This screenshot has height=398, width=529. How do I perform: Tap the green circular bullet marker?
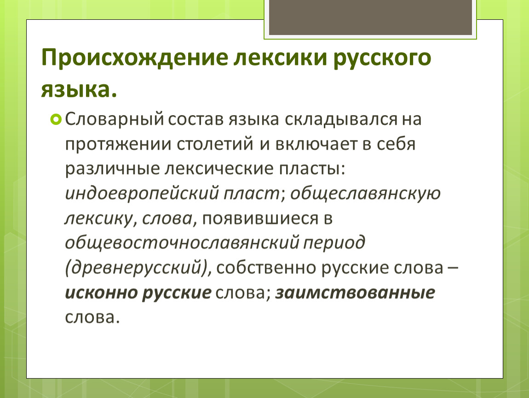point(56,119)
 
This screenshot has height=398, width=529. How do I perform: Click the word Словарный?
point(115,119)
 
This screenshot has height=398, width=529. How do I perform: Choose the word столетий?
point(214,144)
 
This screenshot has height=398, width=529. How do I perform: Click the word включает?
point(316,144)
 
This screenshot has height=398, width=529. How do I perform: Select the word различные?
point(112,169)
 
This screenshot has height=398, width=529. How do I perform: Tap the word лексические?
point(219,169)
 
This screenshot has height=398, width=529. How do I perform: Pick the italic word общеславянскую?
point(365,193)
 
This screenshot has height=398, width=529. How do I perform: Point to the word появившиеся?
point(260,219)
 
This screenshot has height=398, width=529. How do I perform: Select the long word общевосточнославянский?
point(182,243)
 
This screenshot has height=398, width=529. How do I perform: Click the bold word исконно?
point(101,293)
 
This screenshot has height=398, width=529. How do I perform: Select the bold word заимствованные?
point(355,293)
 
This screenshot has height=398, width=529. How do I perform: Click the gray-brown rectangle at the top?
point(370,17)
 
